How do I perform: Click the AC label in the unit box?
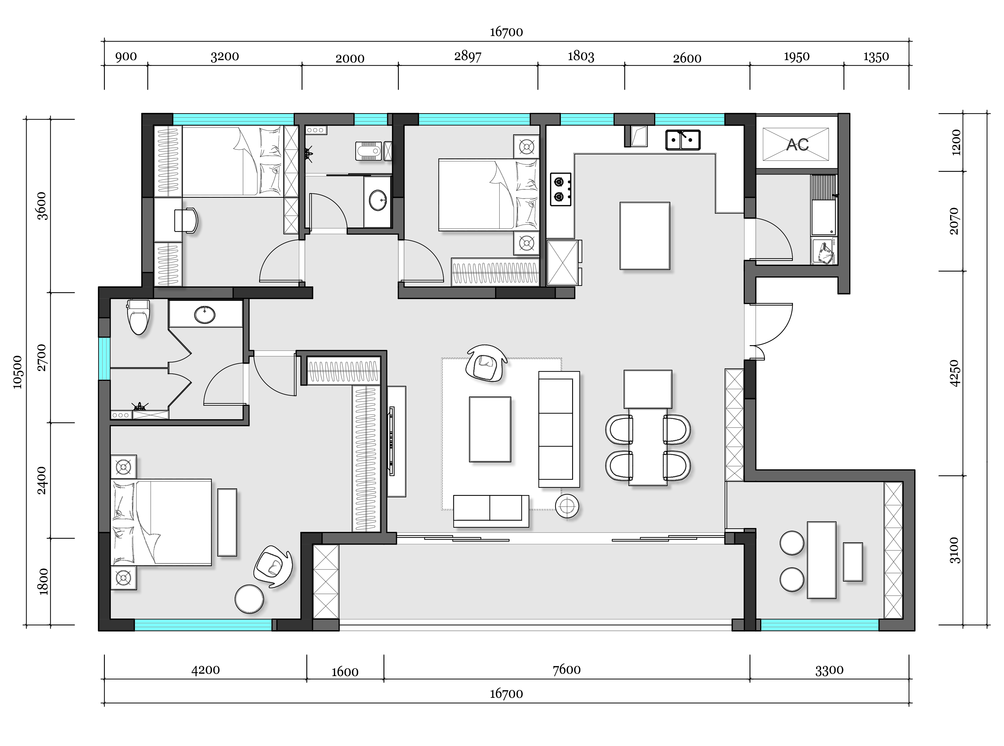797,144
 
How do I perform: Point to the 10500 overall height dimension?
17,372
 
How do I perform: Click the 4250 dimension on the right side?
954,373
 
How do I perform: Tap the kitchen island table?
645,236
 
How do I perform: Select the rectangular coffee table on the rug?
490,429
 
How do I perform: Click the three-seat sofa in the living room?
559,429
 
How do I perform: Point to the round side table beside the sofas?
567,507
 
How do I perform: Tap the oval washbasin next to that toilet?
205,315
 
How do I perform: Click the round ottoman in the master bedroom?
249,599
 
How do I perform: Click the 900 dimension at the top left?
126,57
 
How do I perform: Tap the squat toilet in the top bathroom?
369,151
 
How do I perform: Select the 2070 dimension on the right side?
954,221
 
